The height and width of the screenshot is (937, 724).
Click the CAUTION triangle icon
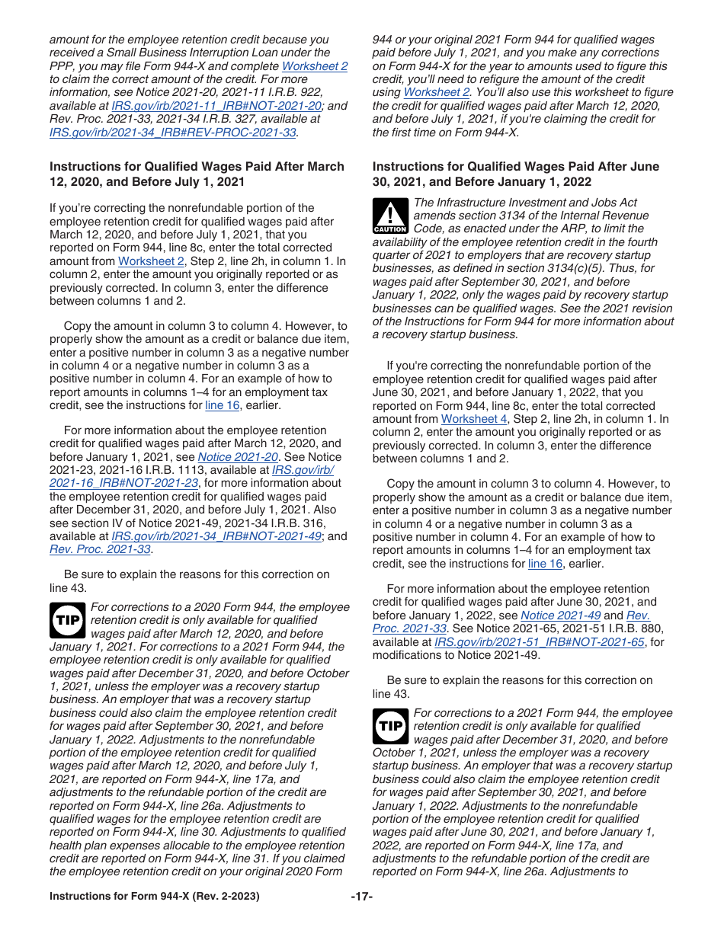(x=390, y=216)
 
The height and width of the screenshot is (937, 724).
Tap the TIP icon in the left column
(x=68, y=621)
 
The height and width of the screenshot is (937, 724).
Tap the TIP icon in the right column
(x=390, y=726)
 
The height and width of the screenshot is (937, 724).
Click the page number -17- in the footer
(x=361, y=897)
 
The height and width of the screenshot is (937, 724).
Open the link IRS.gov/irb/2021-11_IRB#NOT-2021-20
(x=216, y=106)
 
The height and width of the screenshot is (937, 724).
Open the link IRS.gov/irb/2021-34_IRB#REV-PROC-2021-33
(x=173, y=132)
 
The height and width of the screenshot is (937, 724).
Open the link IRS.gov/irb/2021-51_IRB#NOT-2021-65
(x=539, y=641)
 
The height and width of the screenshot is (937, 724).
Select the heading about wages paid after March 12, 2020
(x=197, y=174)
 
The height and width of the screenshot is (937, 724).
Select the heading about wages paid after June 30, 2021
(x=515, y=174)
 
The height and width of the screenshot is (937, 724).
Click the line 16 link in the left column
(x=223, y=405)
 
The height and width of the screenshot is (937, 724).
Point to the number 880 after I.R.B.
(x=652, y=628)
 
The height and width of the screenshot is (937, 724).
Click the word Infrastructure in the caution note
(x=473, y=203)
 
